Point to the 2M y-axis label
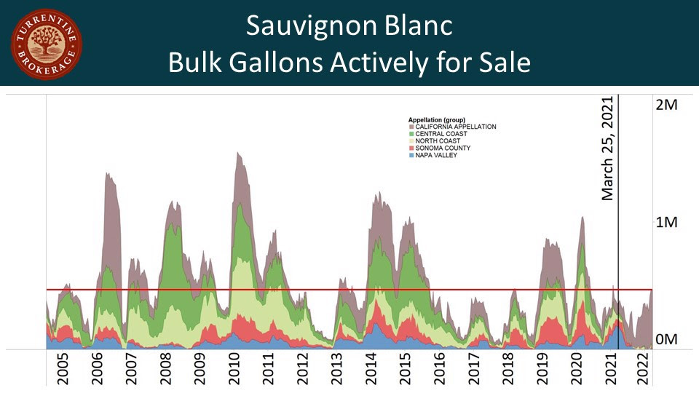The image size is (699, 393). [666, 105]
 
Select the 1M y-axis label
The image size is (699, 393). [666, 222]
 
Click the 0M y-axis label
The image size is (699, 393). [666, 340]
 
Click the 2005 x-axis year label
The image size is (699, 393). [63, 369]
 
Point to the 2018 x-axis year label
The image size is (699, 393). [508, 369]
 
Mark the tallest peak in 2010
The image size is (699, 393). [238, 154]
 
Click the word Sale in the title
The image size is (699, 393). [503, 63]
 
